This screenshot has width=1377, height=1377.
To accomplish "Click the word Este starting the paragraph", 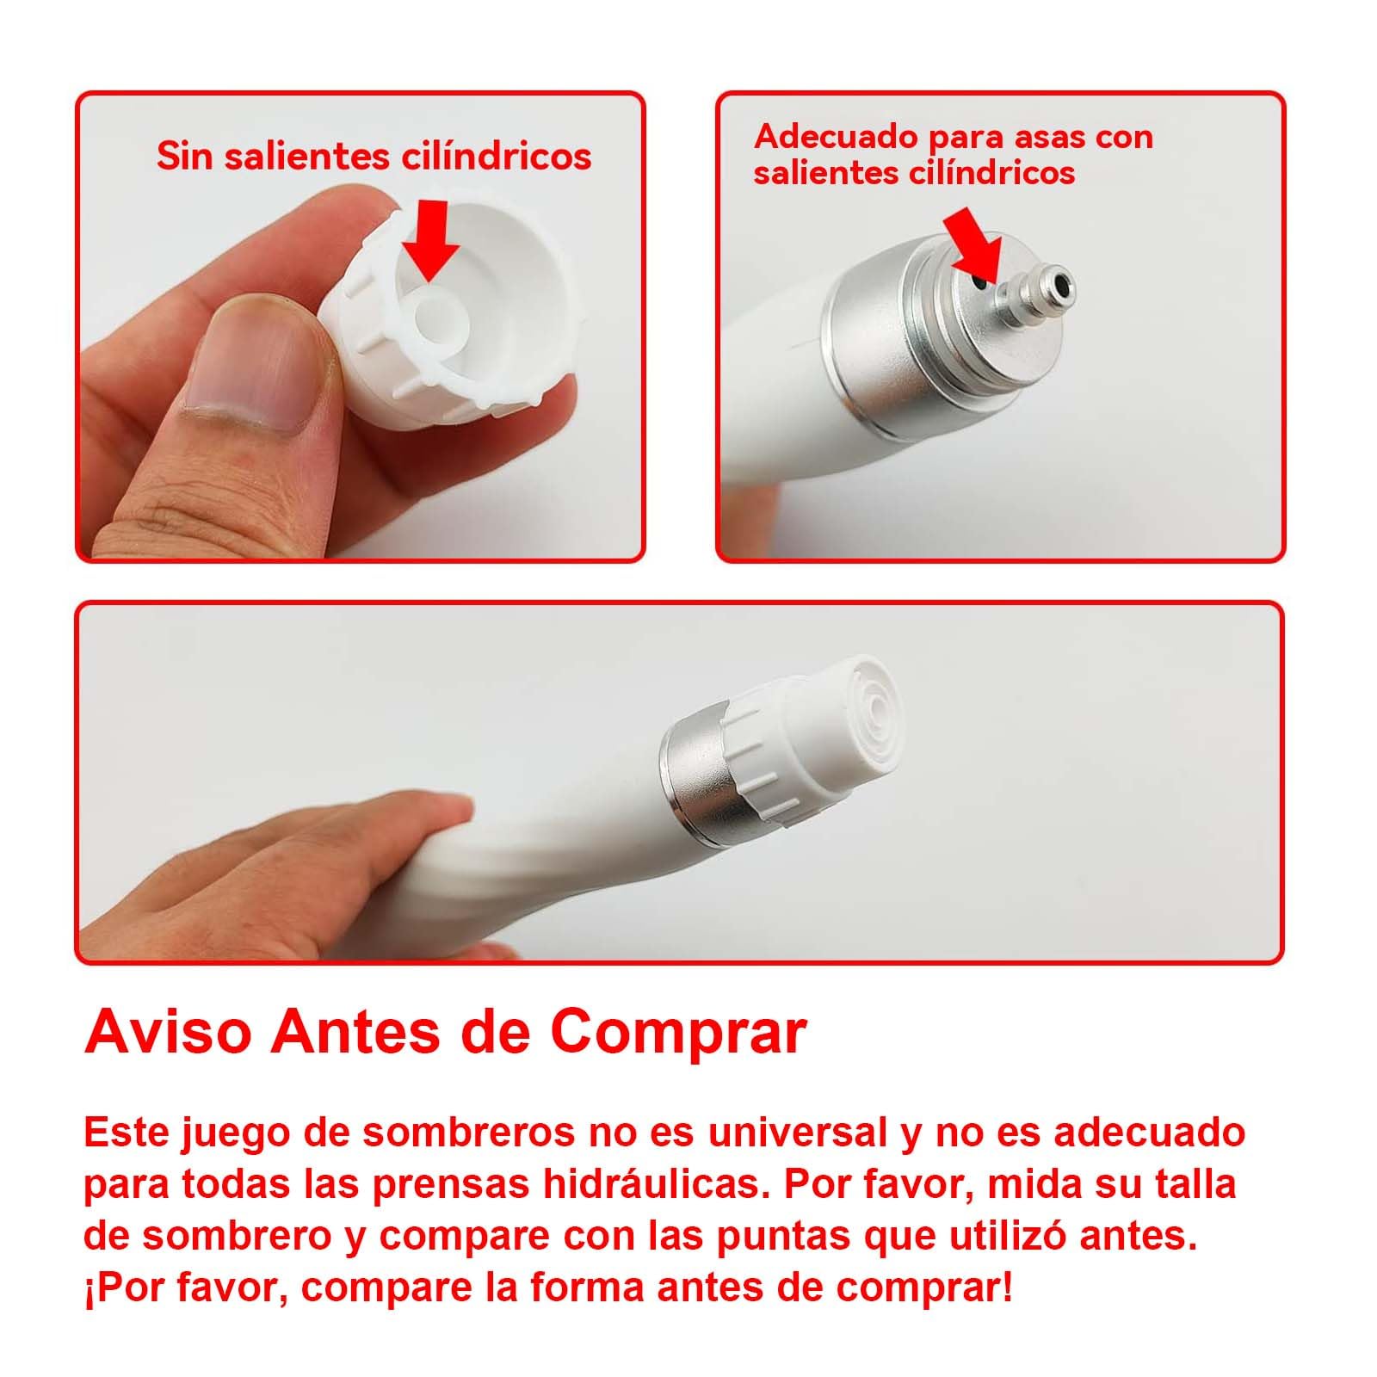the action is pos(125,1133).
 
